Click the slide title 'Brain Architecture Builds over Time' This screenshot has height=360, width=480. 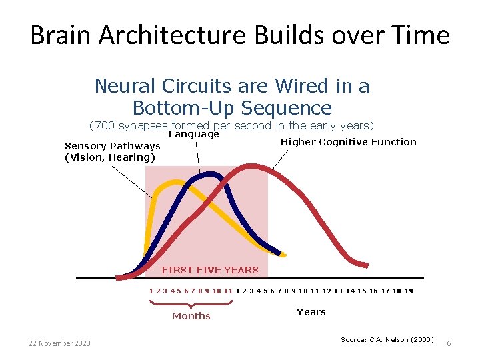(240, 35)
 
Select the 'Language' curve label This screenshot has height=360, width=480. (194, 134)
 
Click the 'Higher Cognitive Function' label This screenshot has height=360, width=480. (348, 141)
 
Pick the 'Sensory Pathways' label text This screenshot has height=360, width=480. (112, 146)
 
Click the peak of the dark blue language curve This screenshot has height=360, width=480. (211, 175)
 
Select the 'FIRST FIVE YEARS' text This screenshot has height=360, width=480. (209, 270)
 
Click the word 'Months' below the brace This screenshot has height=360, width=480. (191, 316)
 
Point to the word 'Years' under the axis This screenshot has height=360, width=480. (311, 312)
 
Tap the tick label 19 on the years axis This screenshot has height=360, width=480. (409, 291)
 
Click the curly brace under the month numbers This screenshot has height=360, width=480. (191, 304)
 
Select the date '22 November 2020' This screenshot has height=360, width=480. (59, 343)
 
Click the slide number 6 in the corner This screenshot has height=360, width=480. (449, 343)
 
